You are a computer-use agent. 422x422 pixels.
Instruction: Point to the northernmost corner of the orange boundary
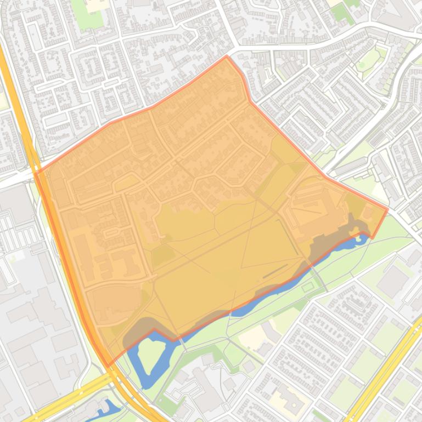226,56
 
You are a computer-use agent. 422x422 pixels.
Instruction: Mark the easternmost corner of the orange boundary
387,209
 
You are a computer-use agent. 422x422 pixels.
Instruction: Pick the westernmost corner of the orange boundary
36,173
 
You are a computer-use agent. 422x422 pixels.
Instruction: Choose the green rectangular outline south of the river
308,286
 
